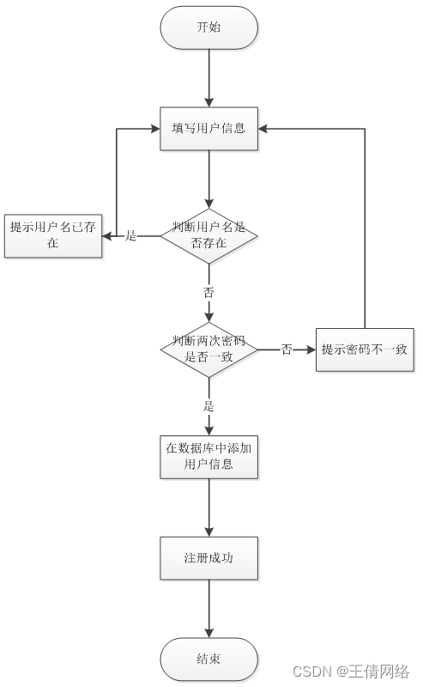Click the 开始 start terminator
pyautogui.click(x=208, y=27)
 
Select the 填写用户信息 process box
pyautogui.click(x=208, y=129)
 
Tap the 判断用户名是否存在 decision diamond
pyautogui.click(x=208, y=235)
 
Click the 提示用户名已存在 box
pyautogui.click(x=53, y=234)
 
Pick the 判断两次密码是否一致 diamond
pyautogui.click(x=208, y=350)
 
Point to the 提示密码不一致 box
pyautogui.click(x=365, y=350)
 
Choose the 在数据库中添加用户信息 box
pyautogui.click(x=208, y=456)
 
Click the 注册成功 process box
pyautogui.click(x=208, y=558)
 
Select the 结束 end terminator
pyautogui.click(x=208, y=660)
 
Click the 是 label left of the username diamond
pyautogui.click(x=131, y=235)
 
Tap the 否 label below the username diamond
pyautogui.click(x=208, y=292)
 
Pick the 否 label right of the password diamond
pyautogui.click(x=287, y=350)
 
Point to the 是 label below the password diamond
pyautogui.click(x=208, y=406)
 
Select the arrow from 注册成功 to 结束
pyautogui.click(x=208, y=609)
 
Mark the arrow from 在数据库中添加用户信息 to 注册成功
pyautogui.click(x=208, y=508)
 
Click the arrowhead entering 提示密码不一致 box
pyautogui.click(x=310, y=350)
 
